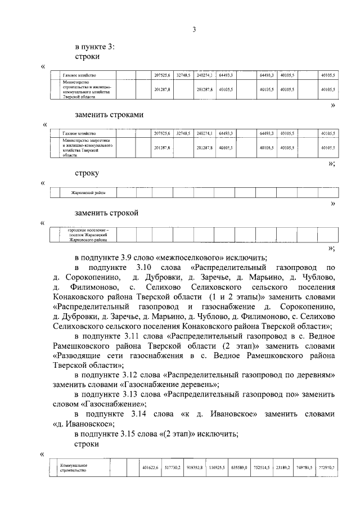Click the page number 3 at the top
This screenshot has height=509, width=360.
coord(193,30)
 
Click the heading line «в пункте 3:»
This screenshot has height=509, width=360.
coord(95,48)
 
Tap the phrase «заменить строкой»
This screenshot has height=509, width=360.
coord(107,213)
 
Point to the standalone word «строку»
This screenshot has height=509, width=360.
coord(87,173)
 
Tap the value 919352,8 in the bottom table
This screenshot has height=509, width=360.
coord(195,467)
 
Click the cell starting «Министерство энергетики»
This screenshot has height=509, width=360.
coord(84,147)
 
